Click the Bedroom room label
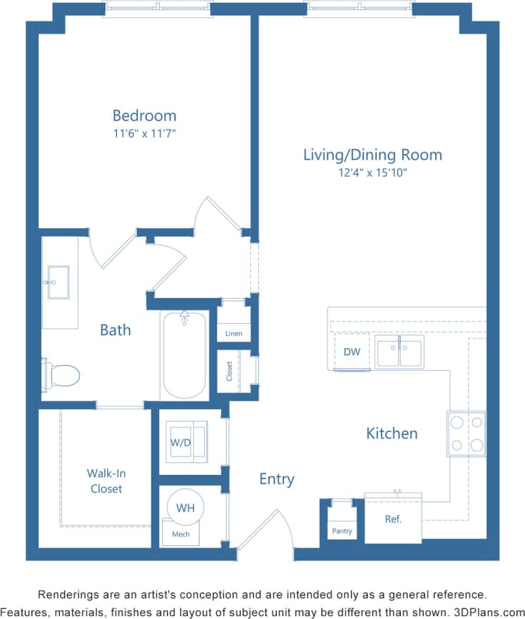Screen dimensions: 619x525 [144, 116]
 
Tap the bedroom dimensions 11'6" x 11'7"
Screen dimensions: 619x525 [144, 133]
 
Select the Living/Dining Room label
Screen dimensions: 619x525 [372, 155]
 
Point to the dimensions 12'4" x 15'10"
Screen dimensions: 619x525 [372, 172]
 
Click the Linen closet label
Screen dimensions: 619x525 [233, 333]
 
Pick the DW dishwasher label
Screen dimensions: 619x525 [352, 352]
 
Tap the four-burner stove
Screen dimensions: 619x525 [467, 434]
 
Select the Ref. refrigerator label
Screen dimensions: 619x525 [393, 519]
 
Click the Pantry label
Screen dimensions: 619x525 [342, 531]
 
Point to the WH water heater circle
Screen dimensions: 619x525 [185, 508]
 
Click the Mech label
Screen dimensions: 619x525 [180, 533]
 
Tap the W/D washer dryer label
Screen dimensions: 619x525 [180, 442]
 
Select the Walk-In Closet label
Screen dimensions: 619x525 [106, 481]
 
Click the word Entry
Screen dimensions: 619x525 [277, 479]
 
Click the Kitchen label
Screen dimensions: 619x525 [392, 433]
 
